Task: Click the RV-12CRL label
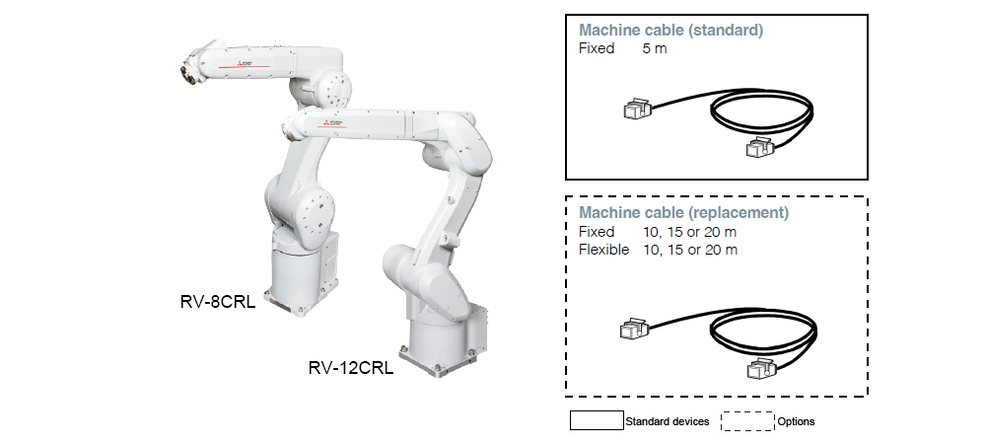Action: (x=351, y=369)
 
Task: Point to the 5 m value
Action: (x=654, y=48)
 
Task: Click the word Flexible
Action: (x=603, y=250)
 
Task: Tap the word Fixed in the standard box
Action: (x=597, y=48)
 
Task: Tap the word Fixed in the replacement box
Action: (x=597, y=232)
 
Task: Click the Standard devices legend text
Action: (x=668, y=421)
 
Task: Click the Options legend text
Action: (x=797, y=421)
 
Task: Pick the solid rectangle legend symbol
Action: (x=597, y=421)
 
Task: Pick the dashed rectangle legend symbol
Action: (x=747, y=421)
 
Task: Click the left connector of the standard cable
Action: (x=635, y=110)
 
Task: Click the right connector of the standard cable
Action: (x=757, y=148)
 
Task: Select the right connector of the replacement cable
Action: (x=757, y=370)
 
